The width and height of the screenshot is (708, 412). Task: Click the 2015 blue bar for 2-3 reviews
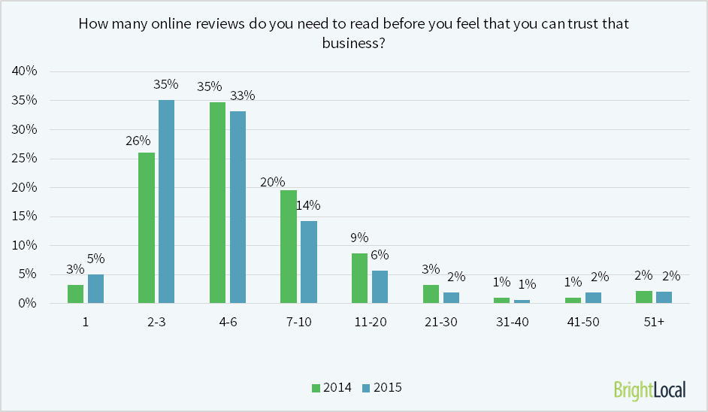click(166, 201)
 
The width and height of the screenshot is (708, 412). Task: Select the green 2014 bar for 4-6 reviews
click(217, 202)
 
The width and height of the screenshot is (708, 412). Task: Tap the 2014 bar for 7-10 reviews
click(288, 247)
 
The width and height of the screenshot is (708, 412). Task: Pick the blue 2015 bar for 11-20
click(380, 286)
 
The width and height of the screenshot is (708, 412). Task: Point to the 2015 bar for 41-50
click(593, 298)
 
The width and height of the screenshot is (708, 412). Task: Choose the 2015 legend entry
click(382, 388)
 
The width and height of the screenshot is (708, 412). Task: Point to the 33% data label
click(243, 95)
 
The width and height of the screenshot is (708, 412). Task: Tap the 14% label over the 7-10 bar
click(308, 205)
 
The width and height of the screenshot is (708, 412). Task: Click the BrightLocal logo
click(649, 389)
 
